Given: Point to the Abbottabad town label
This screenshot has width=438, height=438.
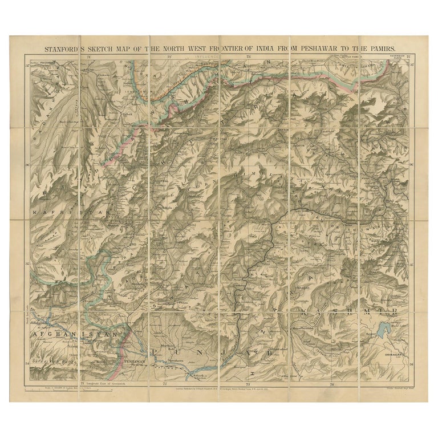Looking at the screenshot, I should pos(280,347).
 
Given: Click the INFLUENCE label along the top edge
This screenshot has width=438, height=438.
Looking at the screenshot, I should pos(207,58).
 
